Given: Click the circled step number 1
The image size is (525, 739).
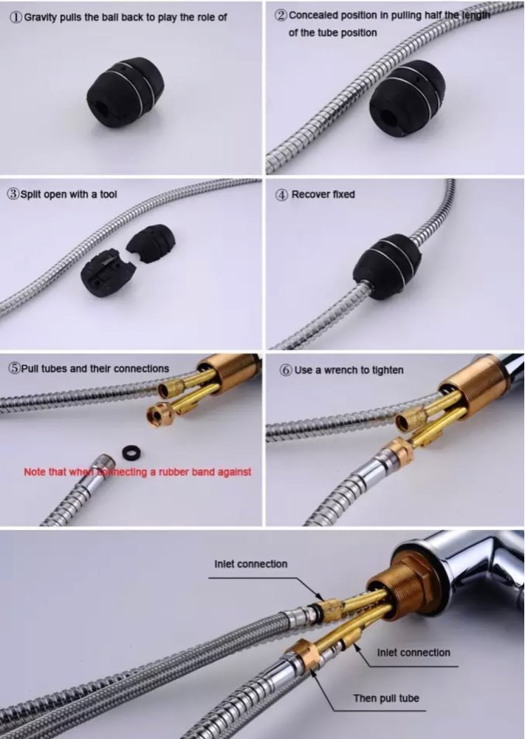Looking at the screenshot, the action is (16, 18).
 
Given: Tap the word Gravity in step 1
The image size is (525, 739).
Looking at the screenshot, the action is (40, 18).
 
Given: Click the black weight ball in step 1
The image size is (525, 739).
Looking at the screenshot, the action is (126, 92).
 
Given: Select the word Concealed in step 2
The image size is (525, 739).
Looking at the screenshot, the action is (310, 15).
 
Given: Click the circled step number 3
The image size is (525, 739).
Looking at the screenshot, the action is (13, 194).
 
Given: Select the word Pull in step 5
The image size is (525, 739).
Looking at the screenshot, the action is (30, 369).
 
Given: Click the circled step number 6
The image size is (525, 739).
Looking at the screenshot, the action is (286, 370).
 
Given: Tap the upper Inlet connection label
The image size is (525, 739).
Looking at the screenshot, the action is (250, 564).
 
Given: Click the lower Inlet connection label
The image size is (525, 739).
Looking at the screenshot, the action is (414, 653).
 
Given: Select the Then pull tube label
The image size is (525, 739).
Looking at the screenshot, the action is (386, 698).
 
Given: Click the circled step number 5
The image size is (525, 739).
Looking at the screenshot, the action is (14, 369).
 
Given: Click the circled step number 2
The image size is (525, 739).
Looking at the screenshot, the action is (281, 15).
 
